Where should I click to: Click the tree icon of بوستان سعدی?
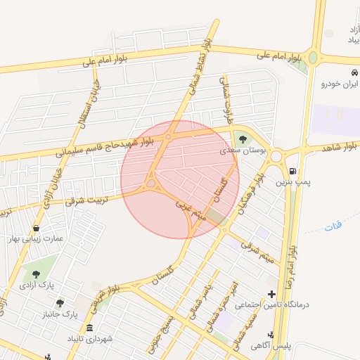coord(243,138)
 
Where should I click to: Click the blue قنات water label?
coord(333,226)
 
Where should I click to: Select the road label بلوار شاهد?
coord(339,148)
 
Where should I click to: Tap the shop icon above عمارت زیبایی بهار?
coord(35,227)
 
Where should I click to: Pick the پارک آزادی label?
coord(37,285)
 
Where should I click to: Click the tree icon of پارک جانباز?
coord(60,303)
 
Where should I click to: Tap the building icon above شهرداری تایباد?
coord(89,328)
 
